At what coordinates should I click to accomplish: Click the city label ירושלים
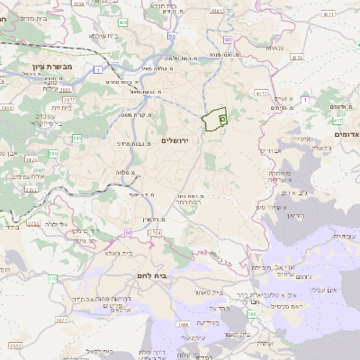179,140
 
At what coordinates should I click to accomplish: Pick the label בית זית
47,105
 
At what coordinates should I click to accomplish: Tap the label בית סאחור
206,292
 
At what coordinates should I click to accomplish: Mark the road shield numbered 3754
155,234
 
